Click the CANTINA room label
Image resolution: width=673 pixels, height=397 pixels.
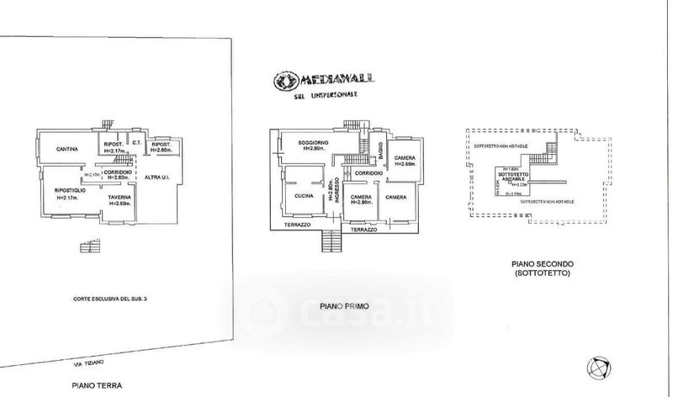67,150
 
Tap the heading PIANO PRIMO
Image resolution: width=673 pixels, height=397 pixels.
342,304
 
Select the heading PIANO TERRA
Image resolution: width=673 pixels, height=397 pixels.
97,385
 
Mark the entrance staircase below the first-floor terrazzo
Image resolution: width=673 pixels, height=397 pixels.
331,241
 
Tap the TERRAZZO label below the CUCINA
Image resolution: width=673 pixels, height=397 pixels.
297,226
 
